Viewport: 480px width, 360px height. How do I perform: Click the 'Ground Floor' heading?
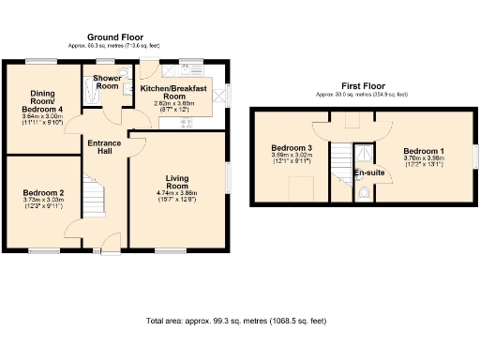(117, 37)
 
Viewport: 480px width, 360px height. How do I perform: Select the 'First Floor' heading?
(364, 86)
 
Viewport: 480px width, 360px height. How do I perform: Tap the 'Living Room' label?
(178, 182)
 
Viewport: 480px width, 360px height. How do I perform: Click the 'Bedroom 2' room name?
(43, 192)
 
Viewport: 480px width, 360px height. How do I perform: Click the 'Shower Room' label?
(108, 82)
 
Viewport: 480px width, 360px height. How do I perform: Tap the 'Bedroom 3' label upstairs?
(292, 149)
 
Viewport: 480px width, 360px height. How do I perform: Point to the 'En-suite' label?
(368, 173)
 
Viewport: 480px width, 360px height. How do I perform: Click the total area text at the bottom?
(236, 322)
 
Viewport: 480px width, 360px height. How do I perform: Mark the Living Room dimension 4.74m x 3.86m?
(178, 193)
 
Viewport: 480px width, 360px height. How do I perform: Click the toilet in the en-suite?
(365, 194)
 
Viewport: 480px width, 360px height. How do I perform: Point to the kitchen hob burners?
(187, 121)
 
